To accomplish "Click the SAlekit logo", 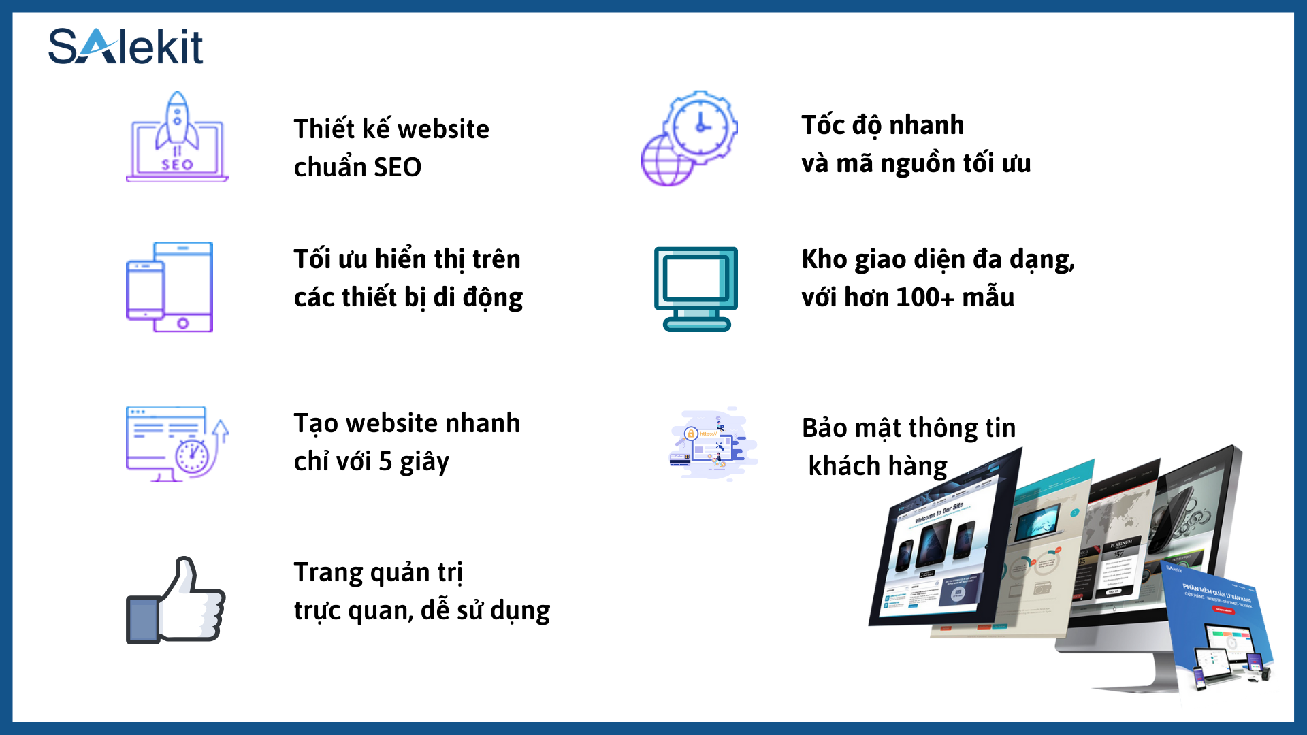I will coord(126,46).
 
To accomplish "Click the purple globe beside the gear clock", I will coord(666,161).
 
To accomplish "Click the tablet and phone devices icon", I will coord(170,287).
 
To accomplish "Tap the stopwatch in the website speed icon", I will coord(192,455).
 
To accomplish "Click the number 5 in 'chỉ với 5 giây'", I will coord(385,462).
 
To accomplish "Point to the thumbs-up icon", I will coord(176,600).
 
